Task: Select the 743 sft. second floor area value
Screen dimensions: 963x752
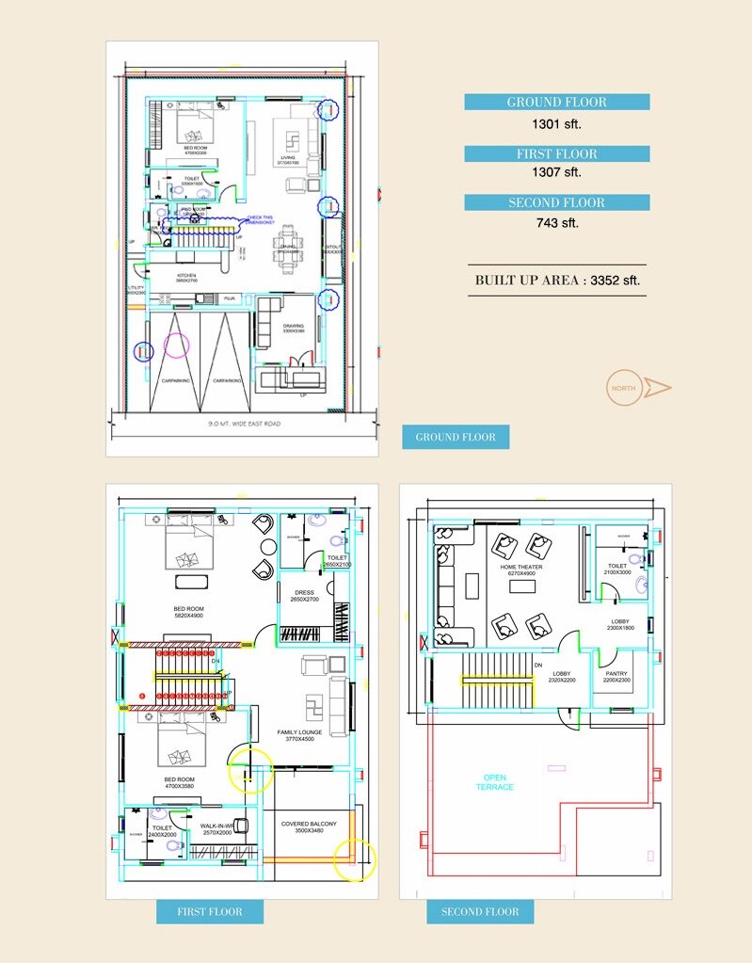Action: tap(557, 222)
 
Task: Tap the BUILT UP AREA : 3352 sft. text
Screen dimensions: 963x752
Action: tap(557, 280)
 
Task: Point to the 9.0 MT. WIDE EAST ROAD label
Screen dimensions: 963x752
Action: tap(245, 424)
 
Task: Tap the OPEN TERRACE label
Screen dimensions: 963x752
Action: tap(494, 782)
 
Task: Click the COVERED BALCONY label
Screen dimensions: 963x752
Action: tap(309, 827)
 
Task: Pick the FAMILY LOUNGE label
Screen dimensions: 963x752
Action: tap(299, 735)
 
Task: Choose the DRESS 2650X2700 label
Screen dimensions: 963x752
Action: tap(304, 596)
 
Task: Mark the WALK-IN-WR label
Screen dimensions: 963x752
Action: tap(216, 828)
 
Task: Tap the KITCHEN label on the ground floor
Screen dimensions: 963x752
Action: tap(184, 278)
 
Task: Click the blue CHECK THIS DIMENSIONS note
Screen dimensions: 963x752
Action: tap(260, 219)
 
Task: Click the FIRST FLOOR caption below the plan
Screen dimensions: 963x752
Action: tap(210, 911)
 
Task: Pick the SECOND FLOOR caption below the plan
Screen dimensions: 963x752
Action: tap(480, 911)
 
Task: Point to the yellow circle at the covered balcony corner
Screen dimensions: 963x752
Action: tap(355, 859)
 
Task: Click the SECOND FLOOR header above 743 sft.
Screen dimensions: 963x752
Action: tap(557, 202)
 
